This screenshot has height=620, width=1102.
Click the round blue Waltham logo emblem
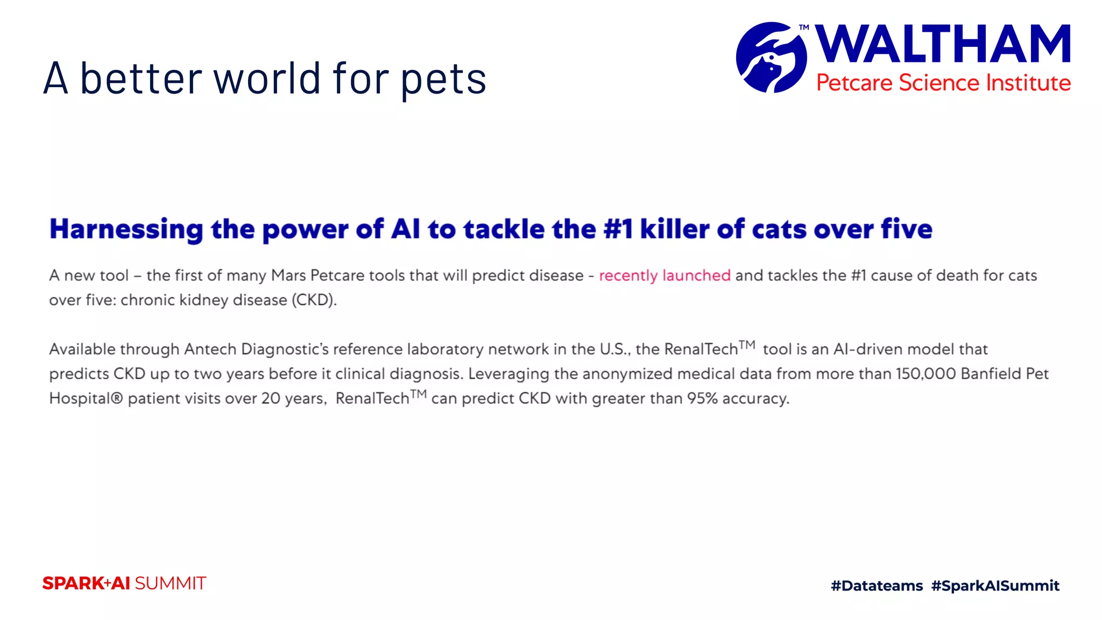[771, 57]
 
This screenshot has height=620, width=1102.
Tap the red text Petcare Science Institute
[943, 83]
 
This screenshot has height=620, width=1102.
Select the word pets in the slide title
[443, 79]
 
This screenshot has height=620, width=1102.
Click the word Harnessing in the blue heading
[126, 229]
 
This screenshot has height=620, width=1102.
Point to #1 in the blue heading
[618, 229]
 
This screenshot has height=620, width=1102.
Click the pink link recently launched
[665, 276]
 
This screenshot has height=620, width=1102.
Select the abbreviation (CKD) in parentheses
[314, 300]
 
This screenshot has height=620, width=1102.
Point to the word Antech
[210, 349]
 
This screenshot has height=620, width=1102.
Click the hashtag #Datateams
[877, 586]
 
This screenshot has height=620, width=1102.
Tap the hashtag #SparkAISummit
[995, 586]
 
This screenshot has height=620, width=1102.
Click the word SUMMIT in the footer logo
[170, 583]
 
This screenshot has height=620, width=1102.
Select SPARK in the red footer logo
[73, 583]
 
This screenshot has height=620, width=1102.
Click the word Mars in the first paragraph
[288, 276]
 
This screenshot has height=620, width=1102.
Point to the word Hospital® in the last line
[86, 399]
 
